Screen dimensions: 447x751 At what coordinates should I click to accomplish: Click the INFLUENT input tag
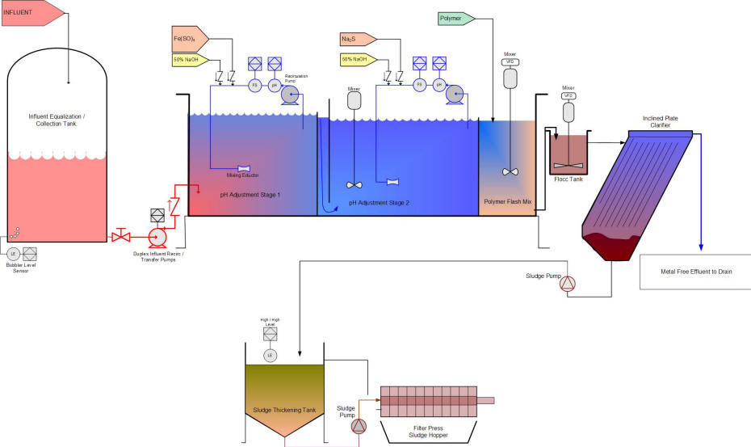pos(28,11)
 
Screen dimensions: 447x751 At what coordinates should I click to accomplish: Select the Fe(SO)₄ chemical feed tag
pos(189,38)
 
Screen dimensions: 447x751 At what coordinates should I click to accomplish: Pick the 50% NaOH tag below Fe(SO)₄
pos(189,59)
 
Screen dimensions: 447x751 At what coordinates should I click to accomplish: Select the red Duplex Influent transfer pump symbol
pos(157,236)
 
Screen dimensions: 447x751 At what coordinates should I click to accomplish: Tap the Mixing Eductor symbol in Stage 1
pos(243,168)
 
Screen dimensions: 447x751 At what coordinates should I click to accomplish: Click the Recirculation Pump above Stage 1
pos(290,95)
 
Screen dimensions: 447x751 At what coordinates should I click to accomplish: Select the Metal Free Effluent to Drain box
pos(695,272)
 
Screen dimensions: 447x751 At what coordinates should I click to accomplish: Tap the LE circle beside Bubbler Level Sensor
pos(13,254)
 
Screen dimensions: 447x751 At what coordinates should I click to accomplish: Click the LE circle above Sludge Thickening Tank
pos(270,355)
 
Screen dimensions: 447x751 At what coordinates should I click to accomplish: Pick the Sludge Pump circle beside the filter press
pos(359,426)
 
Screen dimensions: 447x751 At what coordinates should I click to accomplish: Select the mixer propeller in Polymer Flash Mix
pos(509,171)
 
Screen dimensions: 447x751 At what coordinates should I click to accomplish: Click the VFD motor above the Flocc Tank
pos(568,112)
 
